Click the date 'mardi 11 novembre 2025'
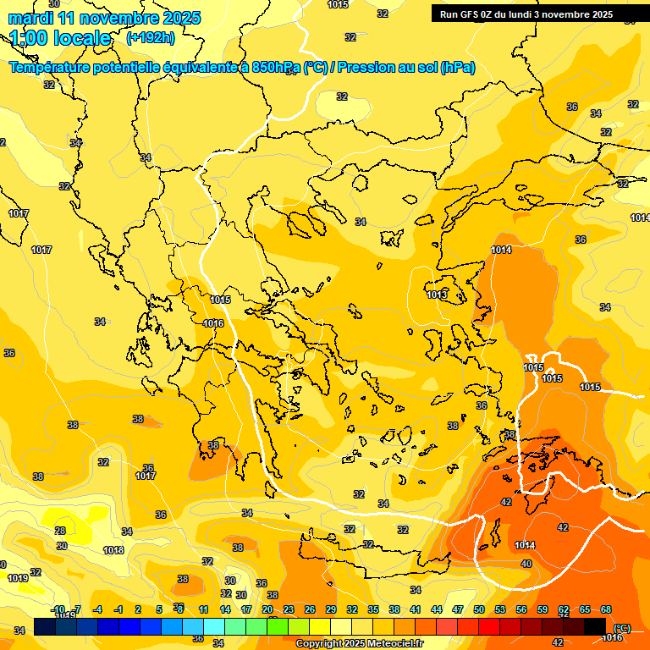pyautogui.click(x=105, y=18)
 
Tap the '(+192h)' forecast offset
pyautogui.click(x=151, y=38)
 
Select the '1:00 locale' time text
pyautogui.click(x=61, y=38)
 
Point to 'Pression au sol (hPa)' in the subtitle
pyautogui.click(x=409, y=67)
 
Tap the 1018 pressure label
pyautogui.click(x=113, y=550)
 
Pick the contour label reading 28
pyautogui.click(x=60, y=531)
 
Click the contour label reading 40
pyautogui.click(x=526, y=564)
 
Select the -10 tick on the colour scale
pyautogui.click(x=58, y=609)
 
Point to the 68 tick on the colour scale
pyautogui.click(x=606, y=609)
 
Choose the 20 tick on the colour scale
pyautogui.click(x=267, y=609)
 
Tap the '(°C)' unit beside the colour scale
pyautogui.click(x=622, y=627)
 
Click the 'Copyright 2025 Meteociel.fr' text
pyautogui.click(x=359, y=643)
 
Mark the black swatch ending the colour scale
pyautogui.click(x=595, y=626)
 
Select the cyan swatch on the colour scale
pyautogui.click(x=214, y=626)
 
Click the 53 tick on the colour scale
pyautogui.click(x=500, y=609)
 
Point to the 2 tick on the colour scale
pyautogui.click(x=140, y=609)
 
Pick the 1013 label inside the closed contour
pyautogui.click(x=437, y=295)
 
